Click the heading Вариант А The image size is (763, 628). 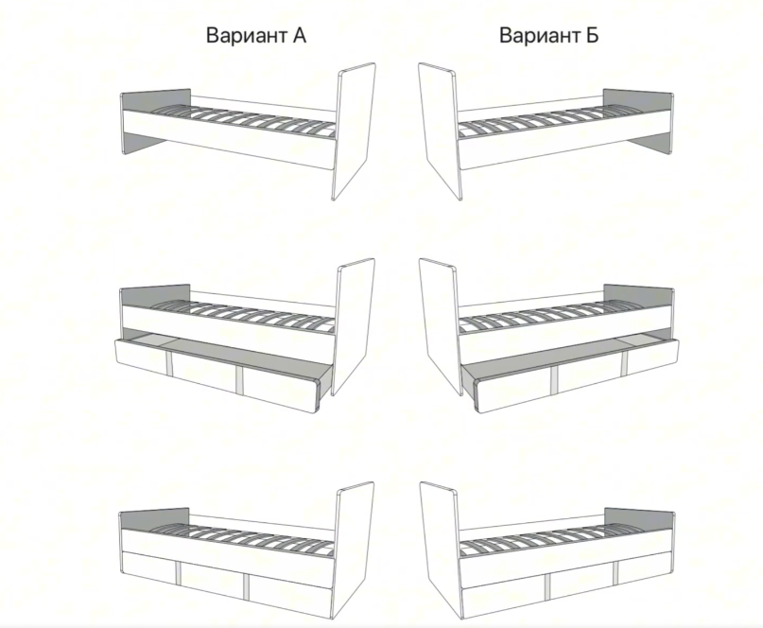click(256, 36)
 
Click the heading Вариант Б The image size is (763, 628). click(549, 36)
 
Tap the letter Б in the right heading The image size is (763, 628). click(591, 36)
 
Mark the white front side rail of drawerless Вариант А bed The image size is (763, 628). click(229, 140)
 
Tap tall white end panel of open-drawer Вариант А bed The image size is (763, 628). click(355, 325)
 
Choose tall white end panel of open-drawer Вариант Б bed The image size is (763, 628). click(440, 325)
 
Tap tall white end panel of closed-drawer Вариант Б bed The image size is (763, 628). click(441, 550)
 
